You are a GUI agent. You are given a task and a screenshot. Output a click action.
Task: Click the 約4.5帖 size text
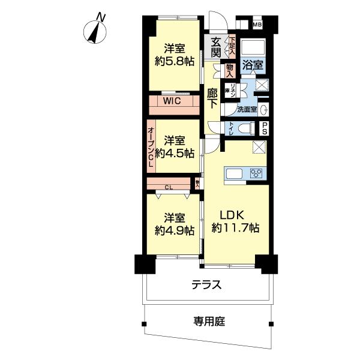point(175,153)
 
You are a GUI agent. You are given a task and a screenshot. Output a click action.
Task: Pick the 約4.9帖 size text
point(175,230)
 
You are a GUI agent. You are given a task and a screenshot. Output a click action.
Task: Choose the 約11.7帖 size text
point(236,229)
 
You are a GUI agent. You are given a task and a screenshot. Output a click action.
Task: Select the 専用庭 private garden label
point(208,322)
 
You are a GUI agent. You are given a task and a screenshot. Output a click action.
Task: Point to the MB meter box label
point(257,25)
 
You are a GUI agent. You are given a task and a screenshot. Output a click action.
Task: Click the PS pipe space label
point(264,128)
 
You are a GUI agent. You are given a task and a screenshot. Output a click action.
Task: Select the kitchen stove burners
point(256,174)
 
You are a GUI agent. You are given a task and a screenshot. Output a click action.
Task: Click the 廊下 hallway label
point(212,98)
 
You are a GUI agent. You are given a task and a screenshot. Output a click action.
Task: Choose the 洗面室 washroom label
point(247,110)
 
